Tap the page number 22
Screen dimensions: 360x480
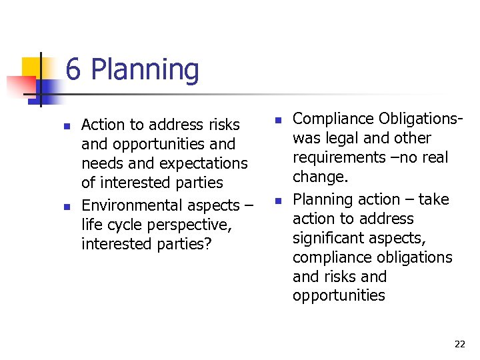click(459, 344)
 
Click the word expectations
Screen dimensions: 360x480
click(207, 163)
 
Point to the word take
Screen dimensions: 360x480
click(434, 199)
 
